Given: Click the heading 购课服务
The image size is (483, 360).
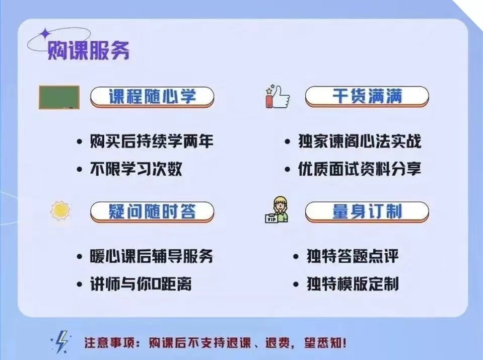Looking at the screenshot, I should (x=88, y=50).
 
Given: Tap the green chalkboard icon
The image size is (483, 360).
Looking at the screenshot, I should (x=59, y=97).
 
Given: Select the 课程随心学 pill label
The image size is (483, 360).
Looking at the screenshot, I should (x=152, y=97).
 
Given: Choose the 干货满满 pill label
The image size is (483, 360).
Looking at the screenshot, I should (x=367, y=96).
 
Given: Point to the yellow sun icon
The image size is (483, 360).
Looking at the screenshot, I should (x=60, y=211).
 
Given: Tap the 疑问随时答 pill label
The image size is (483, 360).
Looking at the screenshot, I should (x=152, y=211).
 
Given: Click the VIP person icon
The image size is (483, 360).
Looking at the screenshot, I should (x=278, y=210).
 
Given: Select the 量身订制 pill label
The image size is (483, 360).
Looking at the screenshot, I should (x=367, y=211).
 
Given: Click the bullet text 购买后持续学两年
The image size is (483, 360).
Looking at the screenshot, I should (x=152, y=141).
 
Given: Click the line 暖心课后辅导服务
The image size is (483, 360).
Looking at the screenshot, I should (x=152, y=256).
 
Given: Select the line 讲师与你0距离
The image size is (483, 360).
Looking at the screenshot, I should (x=141, y=284).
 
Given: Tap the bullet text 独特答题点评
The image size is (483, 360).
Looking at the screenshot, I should (x=353, y=256).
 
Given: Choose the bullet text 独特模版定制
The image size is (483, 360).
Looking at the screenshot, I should (x=353, y=284).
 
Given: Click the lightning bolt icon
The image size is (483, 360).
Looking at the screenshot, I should (x=61, y=343).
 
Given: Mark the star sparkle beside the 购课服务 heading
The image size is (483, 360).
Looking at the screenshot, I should (x=45, y=33).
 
